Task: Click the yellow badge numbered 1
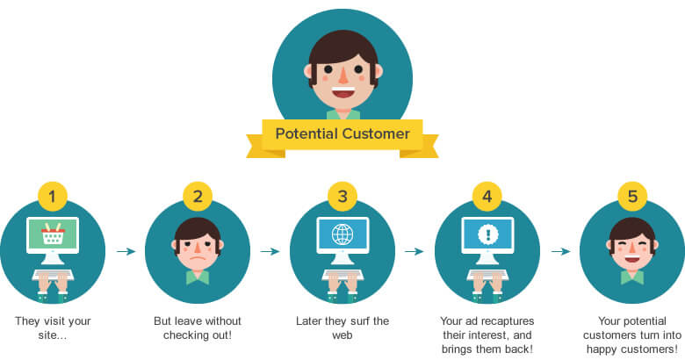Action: click(53, 196)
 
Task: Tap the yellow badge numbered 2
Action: click(198, 196)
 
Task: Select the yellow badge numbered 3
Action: click(342, 196)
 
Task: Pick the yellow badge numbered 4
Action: click(487, 196)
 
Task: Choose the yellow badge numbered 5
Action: click(632, 196)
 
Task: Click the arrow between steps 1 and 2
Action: click(126, 251)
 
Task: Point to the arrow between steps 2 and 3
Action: click(270, 251)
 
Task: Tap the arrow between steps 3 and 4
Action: click(415, 251)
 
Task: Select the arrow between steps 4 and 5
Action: click(560, 251)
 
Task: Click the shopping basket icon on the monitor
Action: click(53, 234)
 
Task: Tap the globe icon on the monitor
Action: click(342, 234)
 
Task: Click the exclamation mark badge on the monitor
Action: click(487, 234)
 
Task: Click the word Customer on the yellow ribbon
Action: click(376, 133)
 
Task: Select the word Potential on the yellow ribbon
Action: click(307, 133)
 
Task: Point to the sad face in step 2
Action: click(198, 248)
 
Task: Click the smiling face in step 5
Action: click(632, 248)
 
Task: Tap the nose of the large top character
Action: click(343, 76)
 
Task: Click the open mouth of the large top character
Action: click(342, 92)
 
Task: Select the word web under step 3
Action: click(342, 335)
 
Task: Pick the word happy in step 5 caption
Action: click(602, 349)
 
